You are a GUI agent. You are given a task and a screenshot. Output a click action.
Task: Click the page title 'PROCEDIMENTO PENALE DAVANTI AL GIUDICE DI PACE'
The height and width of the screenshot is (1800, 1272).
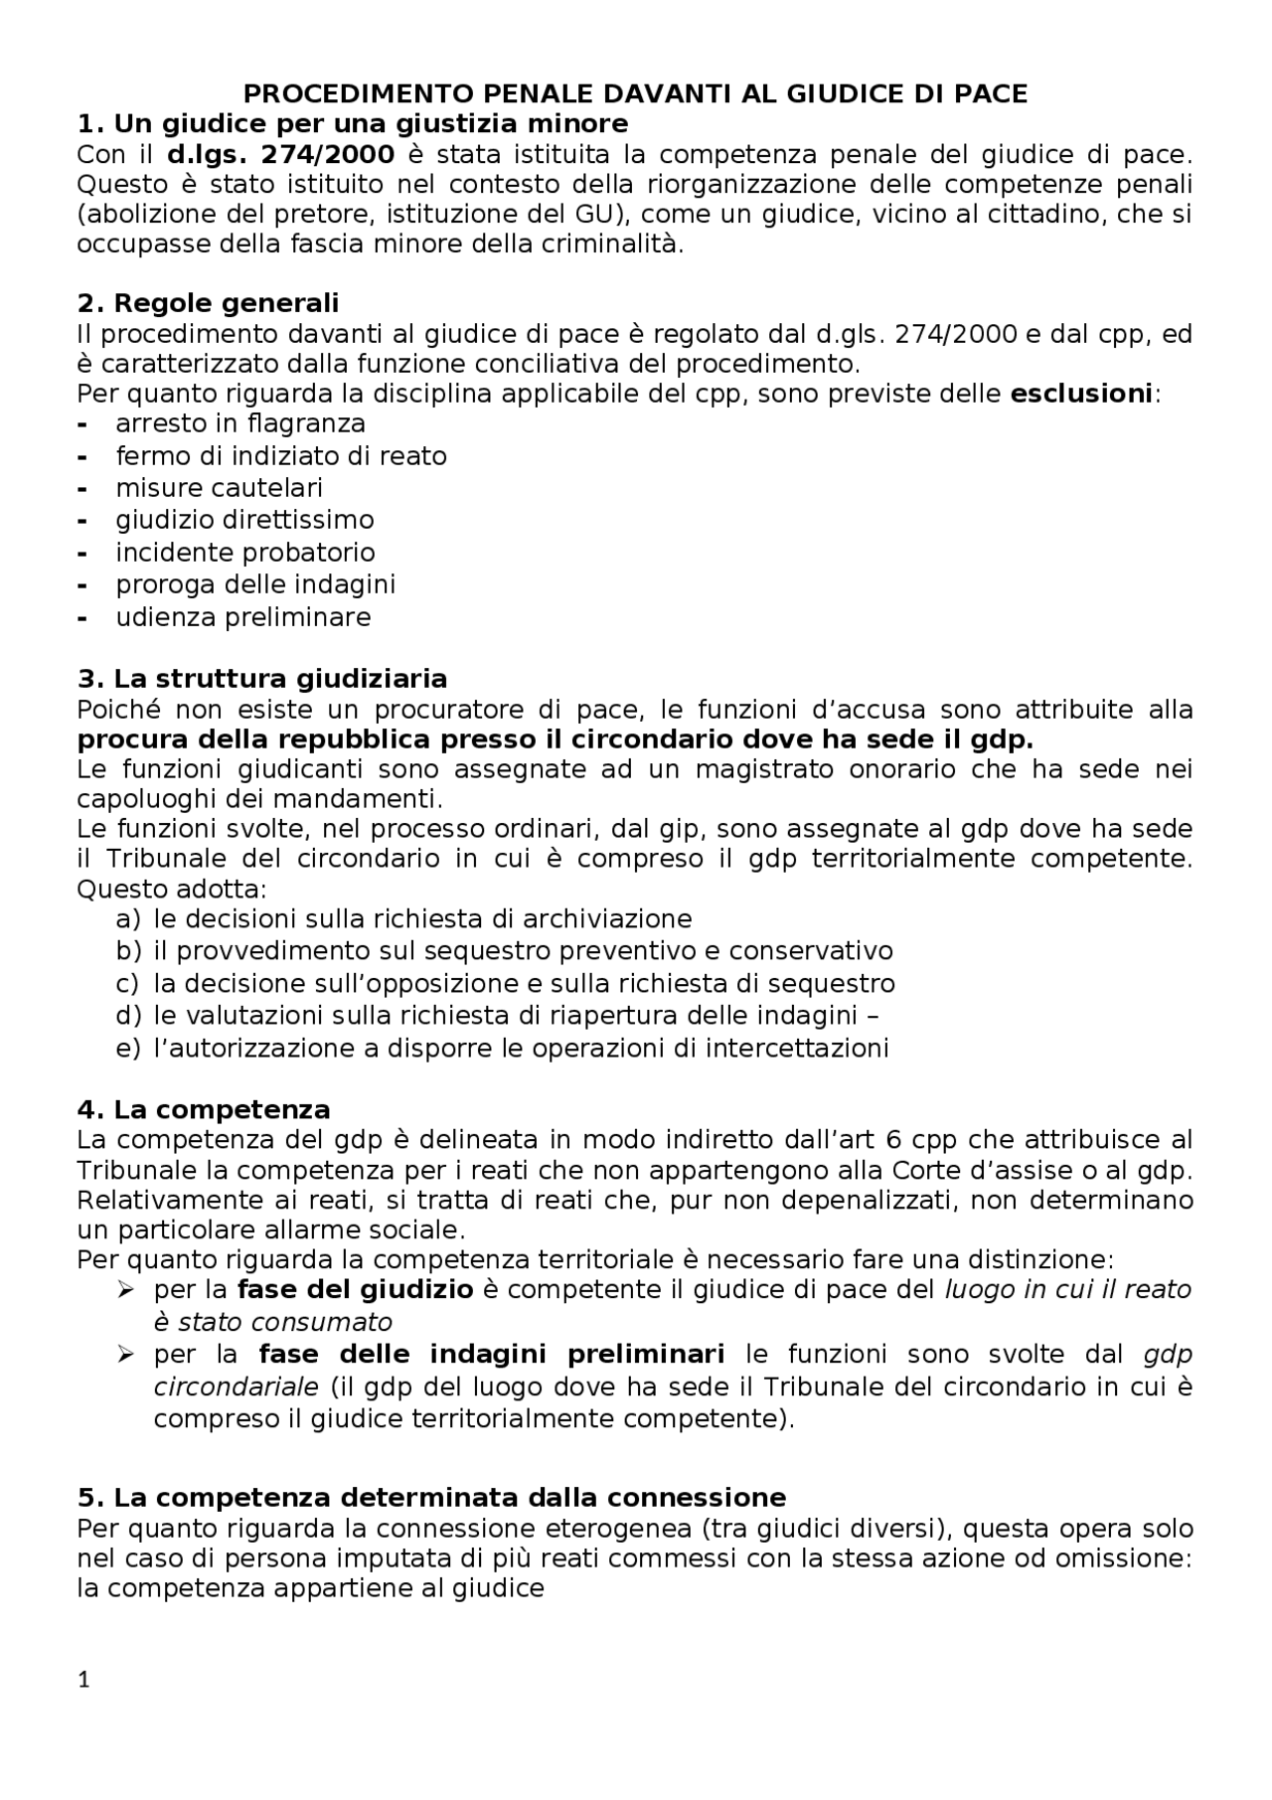635,94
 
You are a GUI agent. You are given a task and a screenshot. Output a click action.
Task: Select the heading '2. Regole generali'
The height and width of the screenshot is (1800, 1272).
208,303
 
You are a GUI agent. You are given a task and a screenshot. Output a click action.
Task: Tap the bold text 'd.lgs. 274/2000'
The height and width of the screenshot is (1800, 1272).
280,154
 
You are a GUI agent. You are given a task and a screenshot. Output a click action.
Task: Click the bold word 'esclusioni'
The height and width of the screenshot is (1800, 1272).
1080,394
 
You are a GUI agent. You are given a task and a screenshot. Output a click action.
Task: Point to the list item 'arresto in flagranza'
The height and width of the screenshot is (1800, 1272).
240,424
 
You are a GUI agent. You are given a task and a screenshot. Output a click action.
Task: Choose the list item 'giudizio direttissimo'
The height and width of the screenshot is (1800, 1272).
244,520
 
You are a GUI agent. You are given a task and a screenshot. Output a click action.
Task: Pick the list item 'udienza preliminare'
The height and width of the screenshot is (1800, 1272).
242,617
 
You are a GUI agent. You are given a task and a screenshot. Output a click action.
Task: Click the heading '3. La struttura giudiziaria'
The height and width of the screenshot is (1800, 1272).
262,679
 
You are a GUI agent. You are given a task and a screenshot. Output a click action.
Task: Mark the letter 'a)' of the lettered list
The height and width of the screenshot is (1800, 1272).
128,918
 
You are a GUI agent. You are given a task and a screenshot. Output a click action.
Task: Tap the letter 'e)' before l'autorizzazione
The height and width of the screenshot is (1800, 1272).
128,1048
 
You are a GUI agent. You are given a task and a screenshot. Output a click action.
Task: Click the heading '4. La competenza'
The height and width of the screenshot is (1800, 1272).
204,1109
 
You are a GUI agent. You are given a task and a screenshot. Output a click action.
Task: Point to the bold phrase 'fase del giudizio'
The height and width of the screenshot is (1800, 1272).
355,1290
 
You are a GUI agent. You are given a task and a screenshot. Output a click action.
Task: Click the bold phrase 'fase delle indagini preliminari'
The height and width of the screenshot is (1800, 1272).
491,1355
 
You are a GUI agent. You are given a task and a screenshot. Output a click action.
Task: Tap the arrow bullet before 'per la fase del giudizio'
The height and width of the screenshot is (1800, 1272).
125,1290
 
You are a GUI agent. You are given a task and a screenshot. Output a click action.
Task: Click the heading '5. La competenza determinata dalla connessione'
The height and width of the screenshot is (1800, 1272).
431,1497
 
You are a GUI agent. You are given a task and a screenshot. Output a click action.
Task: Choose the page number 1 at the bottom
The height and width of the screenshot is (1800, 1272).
83,1681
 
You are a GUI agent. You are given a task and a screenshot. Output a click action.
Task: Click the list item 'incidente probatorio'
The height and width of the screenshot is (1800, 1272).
244,553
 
